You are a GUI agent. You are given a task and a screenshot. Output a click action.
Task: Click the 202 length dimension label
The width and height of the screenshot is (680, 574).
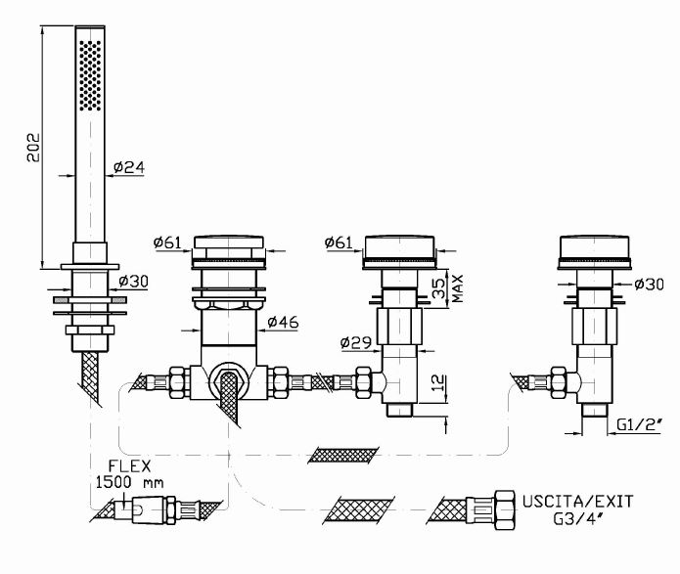pyautogui.click(x=31, y=148)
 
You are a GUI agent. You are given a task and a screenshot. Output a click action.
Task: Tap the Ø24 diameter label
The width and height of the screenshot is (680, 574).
pyautogui.click(x=129, y=167)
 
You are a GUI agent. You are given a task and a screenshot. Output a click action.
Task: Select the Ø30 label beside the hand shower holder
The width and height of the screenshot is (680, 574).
pyautogui.click(x=134, y=282)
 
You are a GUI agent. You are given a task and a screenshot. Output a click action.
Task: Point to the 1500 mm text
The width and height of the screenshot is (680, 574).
pyautogui.click(x=131, y=482)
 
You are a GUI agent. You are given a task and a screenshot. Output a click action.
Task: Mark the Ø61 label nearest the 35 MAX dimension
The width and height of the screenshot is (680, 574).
pyautogui.click(x=339, y=243)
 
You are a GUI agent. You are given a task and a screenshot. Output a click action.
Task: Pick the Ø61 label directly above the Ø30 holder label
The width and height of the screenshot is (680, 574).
pyautogui.click(x=170, y=243)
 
